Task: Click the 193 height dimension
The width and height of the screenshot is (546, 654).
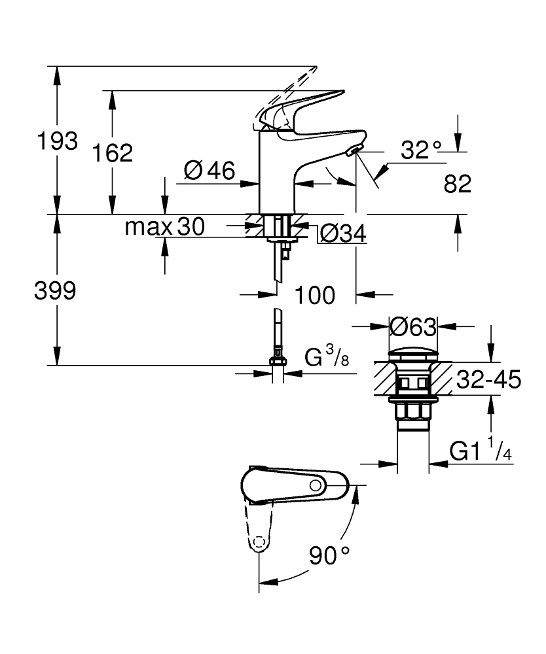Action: (x=58, y=141)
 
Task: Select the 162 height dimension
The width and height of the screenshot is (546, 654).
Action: (x=112, y=153)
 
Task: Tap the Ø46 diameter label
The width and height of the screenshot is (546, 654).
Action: (x=209, y=171)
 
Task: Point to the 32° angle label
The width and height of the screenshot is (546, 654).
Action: (x=422, y=151)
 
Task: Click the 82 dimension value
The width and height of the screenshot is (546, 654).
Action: (x=457, y=184)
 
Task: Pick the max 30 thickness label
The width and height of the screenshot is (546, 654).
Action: (x=164, y=227)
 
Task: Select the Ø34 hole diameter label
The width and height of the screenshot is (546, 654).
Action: (x=341, y=233)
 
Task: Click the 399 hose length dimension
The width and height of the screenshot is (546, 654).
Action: (x=55, y=291)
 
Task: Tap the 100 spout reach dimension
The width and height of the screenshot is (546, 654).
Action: (x=314, y=295)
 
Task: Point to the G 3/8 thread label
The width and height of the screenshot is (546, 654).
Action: (x=327, y=358)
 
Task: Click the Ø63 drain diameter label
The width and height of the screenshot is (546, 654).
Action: (x=412, y=325)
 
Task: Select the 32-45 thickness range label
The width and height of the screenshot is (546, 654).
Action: (x=488, y=379)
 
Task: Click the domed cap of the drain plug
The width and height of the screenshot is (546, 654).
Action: (x=412, y=354)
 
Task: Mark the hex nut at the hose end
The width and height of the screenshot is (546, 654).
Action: (x=278, y=361)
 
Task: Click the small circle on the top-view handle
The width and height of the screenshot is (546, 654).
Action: (x=316, y=485)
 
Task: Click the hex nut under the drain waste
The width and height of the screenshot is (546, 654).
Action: (x=412, y=412)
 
